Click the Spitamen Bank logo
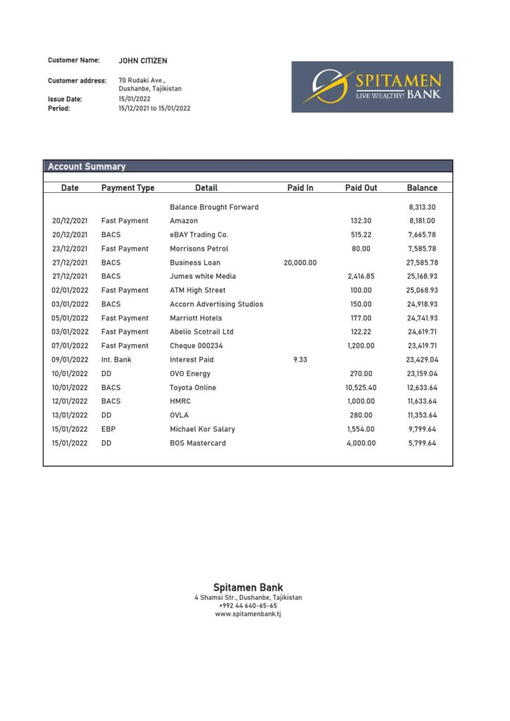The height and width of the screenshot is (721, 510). (372, 87)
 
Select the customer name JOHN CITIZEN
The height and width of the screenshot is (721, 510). (143, 61)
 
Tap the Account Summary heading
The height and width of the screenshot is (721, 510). (87, 167)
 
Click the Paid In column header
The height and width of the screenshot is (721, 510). (300, 188)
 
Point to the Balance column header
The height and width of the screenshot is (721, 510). (422, 188)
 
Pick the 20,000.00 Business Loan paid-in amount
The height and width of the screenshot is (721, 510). (300, 263)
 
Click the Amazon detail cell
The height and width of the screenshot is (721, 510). (184, 221)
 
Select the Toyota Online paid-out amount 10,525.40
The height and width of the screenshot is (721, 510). (361, 388)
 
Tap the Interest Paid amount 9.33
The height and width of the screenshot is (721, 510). (300, 360)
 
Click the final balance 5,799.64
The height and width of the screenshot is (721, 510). (422, 444)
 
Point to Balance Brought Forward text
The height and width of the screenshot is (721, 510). (214, 207)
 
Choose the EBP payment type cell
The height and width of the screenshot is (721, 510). (108, 430)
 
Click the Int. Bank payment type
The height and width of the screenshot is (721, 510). (116, 360)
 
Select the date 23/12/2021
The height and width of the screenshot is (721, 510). (70, 249)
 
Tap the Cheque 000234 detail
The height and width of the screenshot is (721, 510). (196, 346)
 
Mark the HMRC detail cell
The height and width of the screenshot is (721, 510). (180, 401)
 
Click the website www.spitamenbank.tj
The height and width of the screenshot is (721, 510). (248, 615)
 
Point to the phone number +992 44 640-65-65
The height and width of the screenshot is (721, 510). (248, 606)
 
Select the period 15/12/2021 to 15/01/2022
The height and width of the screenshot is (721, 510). (154, 108)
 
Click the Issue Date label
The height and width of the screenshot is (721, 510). (65, 99)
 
